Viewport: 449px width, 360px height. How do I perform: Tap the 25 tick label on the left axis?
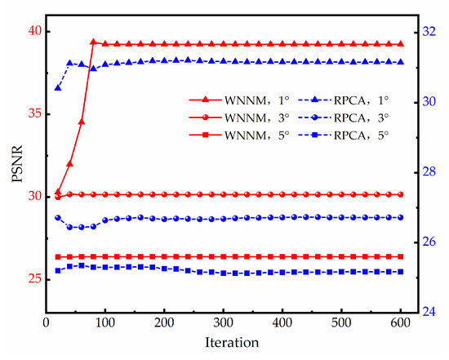tap(33, 278)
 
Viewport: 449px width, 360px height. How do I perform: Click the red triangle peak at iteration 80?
tap(93, 42)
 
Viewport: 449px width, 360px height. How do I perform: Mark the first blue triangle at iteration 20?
tap(57, 87)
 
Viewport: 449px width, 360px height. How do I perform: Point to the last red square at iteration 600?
tap(401, 256)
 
